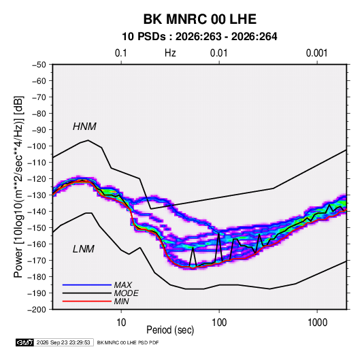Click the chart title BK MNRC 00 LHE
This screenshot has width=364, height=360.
(x=200, y=19)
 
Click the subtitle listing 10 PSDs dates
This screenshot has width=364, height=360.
(x=199, y=37)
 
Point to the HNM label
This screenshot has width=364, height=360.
(x=84, y=127)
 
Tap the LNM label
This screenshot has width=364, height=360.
(x=84, y=249)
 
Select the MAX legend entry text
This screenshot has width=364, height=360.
(x=122, y=285)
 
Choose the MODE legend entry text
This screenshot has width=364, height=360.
(x=127, y=293)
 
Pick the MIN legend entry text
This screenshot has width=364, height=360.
(x=121, y=301)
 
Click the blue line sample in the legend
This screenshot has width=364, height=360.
(x=87, y=285)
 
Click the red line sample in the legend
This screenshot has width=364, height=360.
(x=87, y=301)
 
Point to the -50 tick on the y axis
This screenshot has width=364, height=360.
(x=39, y=65)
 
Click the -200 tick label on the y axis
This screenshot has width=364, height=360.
(x=37, y=310)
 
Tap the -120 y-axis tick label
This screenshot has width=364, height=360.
(x=37, y=179)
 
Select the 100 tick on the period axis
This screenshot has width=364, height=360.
(x=219, y=323)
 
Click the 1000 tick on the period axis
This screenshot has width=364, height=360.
(x=317, y=323)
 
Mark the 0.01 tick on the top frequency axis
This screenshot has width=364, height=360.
(x=219, y=53)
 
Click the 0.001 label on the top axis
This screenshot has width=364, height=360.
(x=317, y=53)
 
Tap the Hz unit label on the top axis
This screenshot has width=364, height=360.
(x=170, y=53)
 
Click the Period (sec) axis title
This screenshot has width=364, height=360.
(x=170, y=330)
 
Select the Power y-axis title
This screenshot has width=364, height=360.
(x=18, y=186)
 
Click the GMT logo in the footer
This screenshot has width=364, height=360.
(x=25, y=342)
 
